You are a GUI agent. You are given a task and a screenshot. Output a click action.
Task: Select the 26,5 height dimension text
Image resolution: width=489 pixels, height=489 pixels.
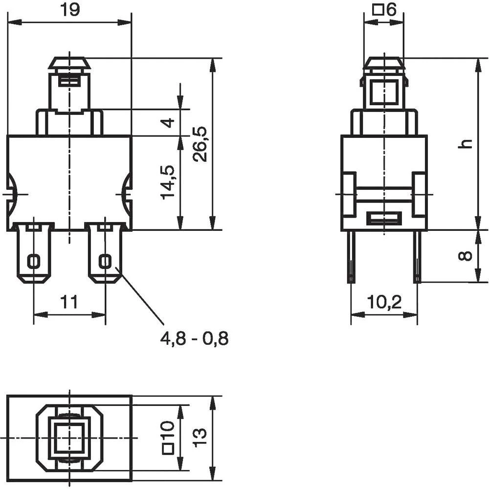click(x=201, y=144)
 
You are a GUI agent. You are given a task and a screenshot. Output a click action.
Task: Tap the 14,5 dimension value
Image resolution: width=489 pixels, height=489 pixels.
click(x=168, y=182)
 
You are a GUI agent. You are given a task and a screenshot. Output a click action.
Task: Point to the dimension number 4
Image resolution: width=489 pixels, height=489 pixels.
click(x=168, y=122)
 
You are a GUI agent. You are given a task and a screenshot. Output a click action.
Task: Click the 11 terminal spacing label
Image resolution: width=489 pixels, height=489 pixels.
click(x=69, y=302)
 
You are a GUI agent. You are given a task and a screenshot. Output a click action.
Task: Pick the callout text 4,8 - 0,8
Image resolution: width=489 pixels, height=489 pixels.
click(x=194, y=338)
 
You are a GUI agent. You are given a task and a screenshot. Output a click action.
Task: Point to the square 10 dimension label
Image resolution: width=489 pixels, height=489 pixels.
click(x=168, y=438)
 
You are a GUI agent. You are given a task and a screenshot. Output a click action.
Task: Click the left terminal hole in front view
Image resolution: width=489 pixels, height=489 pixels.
click(x=34, y=261)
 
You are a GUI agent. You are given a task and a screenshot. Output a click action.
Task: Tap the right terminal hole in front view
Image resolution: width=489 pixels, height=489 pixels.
click(x=105, y=261)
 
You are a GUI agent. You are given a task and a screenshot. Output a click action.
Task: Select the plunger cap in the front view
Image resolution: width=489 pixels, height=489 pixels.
click(x=69, y=64)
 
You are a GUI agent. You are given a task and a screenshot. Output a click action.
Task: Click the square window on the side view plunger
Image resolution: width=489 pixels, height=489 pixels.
click(x=384, y=91)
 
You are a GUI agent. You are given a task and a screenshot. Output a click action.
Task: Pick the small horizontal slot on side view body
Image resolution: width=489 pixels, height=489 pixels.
click(x=384, y=218)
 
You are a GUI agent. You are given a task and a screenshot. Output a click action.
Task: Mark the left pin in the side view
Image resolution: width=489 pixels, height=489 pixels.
click(x=351, y=257)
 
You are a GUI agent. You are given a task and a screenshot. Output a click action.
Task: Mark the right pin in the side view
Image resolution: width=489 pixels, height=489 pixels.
click(x=417, y=257)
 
